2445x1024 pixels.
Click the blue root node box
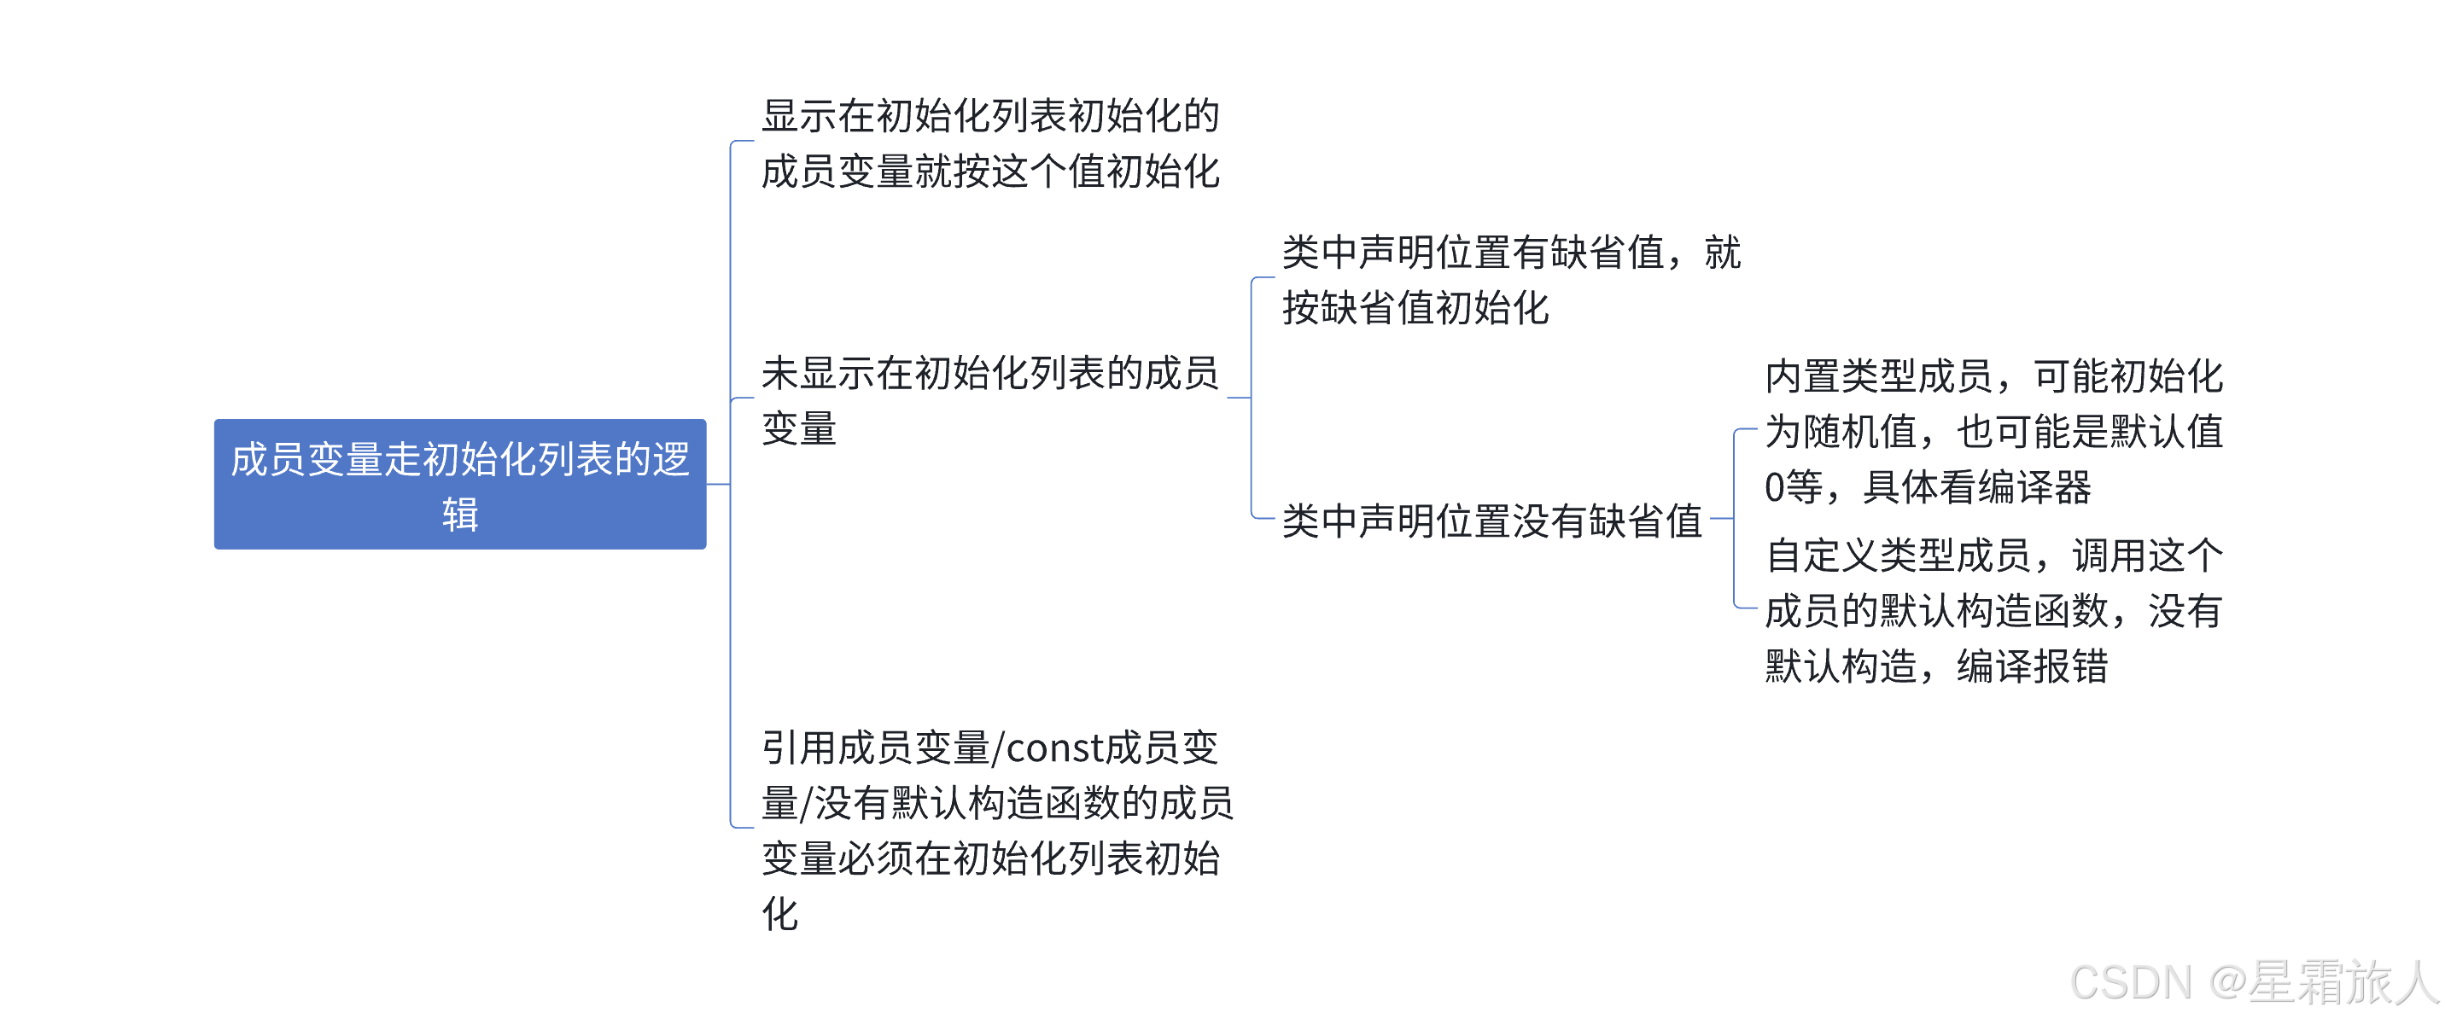coord(459,484)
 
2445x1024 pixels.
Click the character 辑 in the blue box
coord(460,515)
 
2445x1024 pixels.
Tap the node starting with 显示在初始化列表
coord(990,143)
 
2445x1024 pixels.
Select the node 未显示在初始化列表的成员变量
coord(990,399)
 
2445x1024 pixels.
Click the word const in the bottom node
coord(1053,748)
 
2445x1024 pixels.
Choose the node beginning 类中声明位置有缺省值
coord(1511,280)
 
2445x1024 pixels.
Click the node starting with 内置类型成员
coord(1993,432)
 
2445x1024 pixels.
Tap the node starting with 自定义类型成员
coord(1993,610)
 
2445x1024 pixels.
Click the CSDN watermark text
coord(2131,982)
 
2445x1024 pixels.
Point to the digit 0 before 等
coord(1774,488)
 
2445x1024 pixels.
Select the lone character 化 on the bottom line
coord(780,914)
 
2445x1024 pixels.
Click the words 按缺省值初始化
coord(1415,308)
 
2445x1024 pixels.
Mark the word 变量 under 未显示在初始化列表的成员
coord(799,428)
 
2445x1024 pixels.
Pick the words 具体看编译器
coord(1976,488)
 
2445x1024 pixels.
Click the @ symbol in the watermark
coord(2227,982)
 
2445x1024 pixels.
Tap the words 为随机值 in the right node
coord(1841,433)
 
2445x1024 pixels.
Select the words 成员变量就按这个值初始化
coord(990,172)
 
